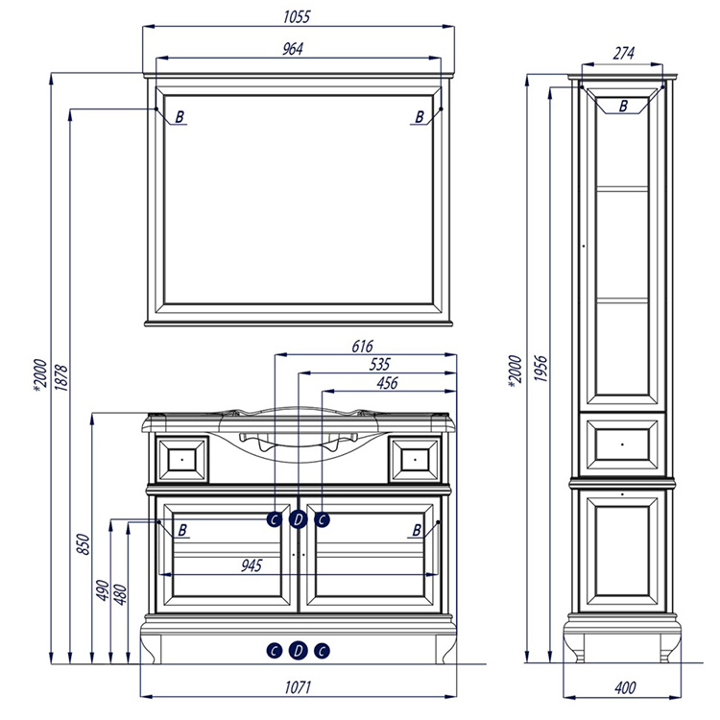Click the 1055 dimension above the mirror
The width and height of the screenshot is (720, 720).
pos(297,17)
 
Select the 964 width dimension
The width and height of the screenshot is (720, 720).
pos(293,49)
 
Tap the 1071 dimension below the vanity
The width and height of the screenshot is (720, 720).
pos(298,687)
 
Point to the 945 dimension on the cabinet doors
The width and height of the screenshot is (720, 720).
pos(252,565)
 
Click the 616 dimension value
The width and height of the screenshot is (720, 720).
pos(362,347)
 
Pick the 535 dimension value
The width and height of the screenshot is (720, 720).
pos(380,365)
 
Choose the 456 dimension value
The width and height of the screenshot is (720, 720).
pos(387,383)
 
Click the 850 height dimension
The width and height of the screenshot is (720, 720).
pos(84,543)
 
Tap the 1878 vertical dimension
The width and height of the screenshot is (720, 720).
pos(61,378)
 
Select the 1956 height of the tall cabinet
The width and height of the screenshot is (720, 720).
pos(540,369)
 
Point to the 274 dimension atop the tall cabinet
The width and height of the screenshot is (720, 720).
pos(624,54)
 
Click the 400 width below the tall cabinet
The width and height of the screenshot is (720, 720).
pos(625,688)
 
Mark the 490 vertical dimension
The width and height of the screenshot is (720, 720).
pos(103,590)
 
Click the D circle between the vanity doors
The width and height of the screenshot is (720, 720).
pos(299,519)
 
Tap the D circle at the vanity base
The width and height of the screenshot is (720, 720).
pos(299,651)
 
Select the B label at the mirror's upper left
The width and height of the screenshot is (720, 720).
pos(180,117)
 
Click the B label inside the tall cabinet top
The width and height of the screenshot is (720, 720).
pos(623,106)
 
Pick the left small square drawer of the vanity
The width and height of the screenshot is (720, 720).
pos(182,460)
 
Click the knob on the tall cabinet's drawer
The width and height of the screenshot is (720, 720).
pos(622,444)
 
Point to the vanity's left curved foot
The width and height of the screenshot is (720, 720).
pos(152,648)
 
